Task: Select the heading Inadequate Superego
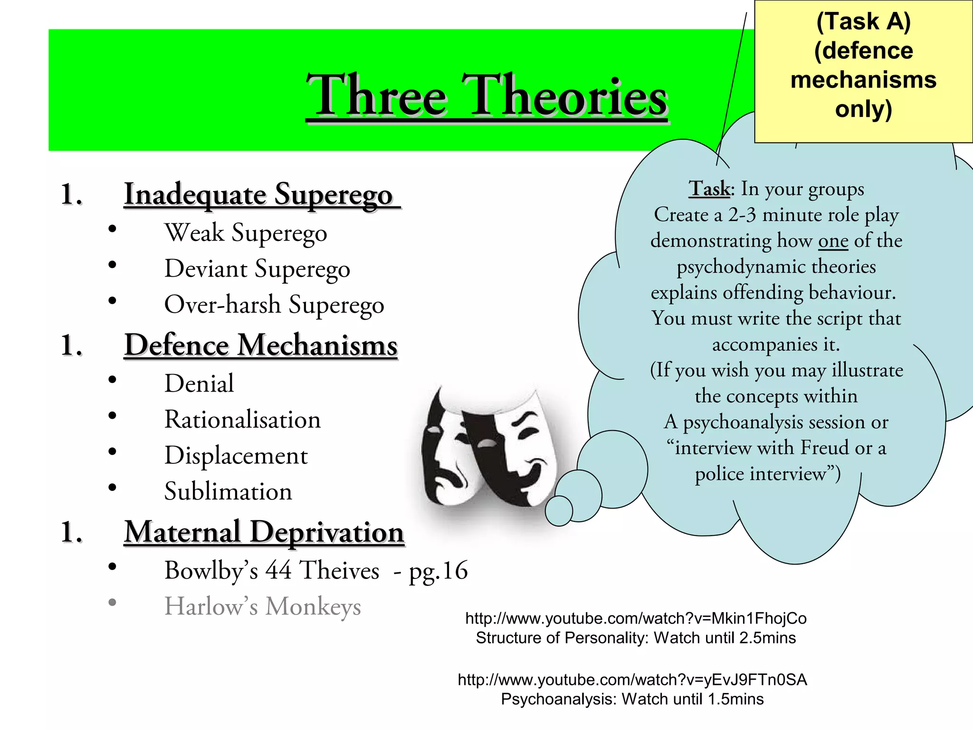[259, 195]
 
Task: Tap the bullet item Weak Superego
[246, 233]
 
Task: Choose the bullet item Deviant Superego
[257, 269]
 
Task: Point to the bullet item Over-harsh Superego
[274, 305]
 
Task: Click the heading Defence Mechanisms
[261, 345]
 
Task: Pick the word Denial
[199, 384]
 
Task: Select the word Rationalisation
[242, 420]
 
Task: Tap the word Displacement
[236, 456]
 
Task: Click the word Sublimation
[228, 491]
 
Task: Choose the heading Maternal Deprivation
[264, 532]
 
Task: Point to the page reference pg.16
[438, 570]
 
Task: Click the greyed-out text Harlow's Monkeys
[262, 606]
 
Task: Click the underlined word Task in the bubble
[710, 189]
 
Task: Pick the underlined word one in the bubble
[833, 241]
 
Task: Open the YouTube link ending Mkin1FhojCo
[636, 618]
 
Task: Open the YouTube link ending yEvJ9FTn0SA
[632, 680]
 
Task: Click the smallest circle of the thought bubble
[559, 511]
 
